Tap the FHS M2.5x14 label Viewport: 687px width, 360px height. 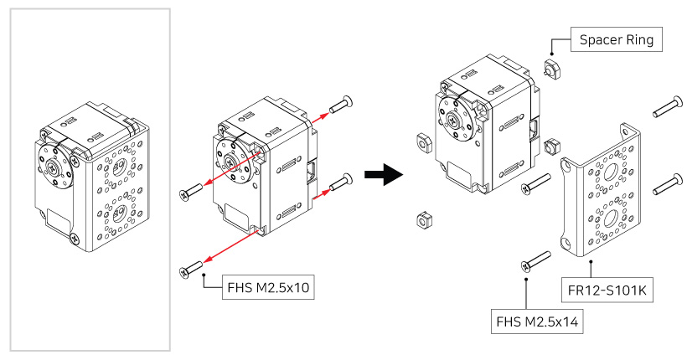point(537,320)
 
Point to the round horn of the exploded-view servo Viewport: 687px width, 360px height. point(457,119)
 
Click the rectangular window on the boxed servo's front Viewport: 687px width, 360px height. point(59,222)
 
